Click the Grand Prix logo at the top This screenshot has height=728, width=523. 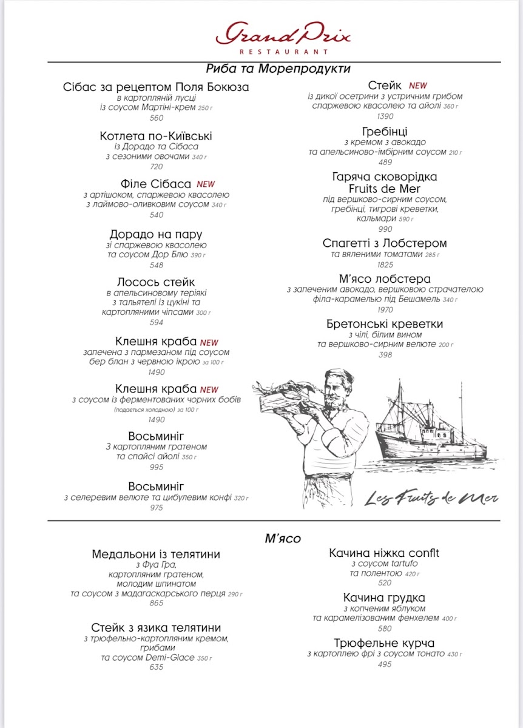click(283, 37)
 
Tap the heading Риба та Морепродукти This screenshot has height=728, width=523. click(278, 69)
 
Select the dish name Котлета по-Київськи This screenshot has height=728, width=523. click(156, 136)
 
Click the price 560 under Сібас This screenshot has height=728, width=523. click(157, 118)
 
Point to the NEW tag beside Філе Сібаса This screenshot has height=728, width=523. click(206, 184)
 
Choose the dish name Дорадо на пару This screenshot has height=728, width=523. click(156, 234)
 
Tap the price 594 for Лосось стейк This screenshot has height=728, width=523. click(157, 323)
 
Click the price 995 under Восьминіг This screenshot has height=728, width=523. click(157, 467)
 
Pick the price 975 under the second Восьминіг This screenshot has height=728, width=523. click(157, 508)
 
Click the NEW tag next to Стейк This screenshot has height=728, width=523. click(417, 86)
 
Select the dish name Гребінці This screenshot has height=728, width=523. click(385, 132)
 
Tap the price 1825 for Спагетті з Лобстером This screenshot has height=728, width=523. click(385, 265)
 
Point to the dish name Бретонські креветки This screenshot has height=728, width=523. click(385, 324)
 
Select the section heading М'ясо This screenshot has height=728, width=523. click(283, 538)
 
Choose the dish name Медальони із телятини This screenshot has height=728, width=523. click(156, 554)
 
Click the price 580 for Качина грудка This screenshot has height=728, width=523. click(385, 629)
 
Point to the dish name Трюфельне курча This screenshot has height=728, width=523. click(385, 643)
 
